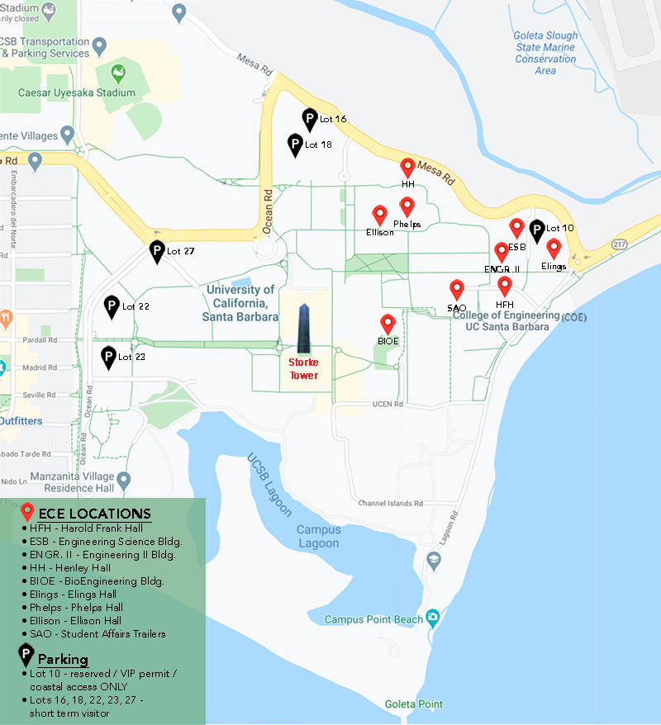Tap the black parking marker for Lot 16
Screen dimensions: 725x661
pos(310,119)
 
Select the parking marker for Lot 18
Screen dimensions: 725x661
pos(295,145)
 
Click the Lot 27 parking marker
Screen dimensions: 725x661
pos(157,250)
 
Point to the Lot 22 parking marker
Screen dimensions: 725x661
pos(111,306)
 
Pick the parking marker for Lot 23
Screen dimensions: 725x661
pos(107,357)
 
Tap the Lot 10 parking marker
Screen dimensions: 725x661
pos(537,230)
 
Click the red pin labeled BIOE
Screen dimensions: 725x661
pos(388,325)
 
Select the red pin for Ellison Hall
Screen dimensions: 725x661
pos(380,215)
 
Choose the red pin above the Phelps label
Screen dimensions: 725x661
pos(407,206)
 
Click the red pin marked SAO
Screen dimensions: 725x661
pos(457,290)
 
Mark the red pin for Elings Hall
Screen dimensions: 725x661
pos(554,249)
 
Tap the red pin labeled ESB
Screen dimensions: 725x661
pos(517,228)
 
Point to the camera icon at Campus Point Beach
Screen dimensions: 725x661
pos(431,618)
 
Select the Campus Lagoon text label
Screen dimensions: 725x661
pos(318,537)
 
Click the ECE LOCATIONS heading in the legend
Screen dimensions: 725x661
pos(95,514)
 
